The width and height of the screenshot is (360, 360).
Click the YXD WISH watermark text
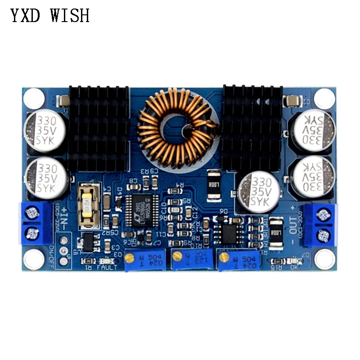(x=50, y=16)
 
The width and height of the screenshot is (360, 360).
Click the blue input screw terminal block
(x=35, y=224)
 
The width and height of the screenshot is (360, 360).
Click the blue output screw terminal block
(x=321, y=225)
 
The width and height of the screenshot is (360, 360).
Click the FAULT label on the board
(x=106, y=267)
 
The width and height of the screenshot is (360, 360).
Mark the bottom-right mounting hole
(x=325, y=260)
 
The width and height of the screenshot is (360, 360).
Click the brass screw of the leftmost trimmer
(x=129, y=257)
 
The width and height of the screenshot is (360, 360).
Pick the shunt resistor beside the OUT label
(x=278, y=233)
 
